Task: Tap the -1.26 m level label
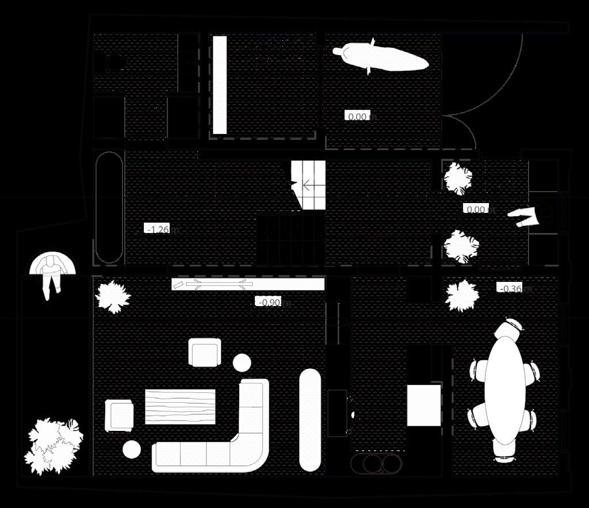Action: [160, 230]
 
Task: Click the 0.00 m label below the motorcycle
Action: [359, 116]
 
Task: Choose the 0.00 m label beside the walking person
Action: [477, 209]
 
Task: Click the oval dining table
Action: [504, 388]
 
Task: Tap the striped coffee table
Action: [180, 406]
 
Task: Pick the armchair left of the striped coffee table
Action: [120, 415]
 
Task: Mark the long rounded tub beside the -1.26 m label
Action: [108, 207]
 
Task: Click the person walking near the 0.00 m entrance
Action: [526, 216]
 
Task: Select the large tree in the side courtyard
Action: [53, 445]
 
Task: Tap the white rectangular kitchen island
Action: [424, 405]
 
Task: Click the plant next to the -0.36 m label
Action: [461, 295]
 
